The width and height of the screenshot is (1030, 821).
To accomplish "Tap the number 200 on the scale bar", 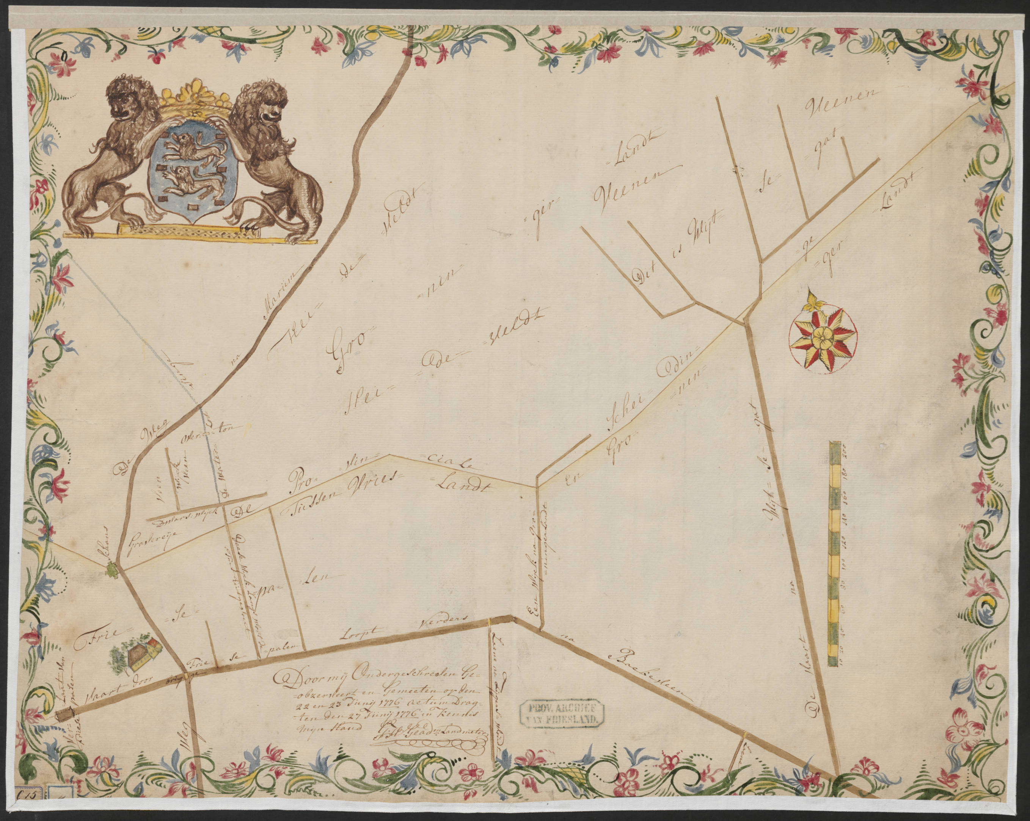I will click(x=844, y=450).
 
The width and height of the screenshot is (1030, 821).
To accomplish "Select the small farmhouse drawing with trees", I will click(x=137, y=653).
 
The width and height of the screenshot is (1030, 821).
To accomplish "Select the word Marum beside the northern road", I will click(x=281, y=298).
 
